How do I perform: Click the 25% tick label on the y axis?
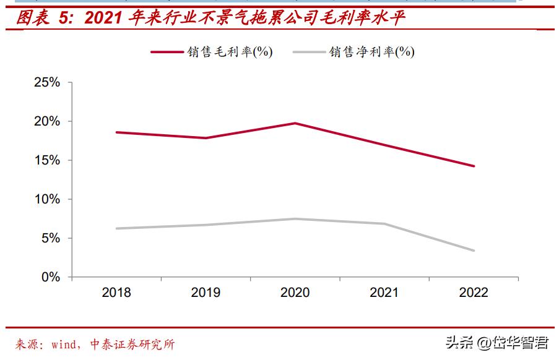(47, 83)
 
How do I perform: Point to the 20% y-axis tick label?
(47, 122)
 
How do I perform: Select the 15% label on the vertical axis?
(47, 161)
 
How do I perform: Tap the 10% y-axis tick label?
(47, 200)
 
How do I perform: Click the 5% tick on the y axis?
(51, 239)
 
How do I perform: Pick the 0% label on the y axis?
(51, 278)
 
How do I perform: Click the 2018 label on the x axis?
(116, 293)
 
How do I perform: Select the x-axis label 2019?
(206, 293)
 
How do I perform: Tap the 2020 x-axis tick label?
(295, 293)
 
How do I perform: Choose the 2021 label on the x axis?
(384, 293)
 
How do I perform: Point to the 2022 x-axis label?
(474, 293)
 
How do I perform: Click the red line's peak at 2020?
(295, 123)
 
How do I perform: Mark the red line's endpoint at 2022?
(474, 166)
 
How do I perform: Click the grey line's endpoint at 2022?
(474, 251)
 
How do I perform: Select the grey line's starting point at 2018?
(116, 228)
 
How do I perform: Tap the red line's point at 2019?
(206, 138)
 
